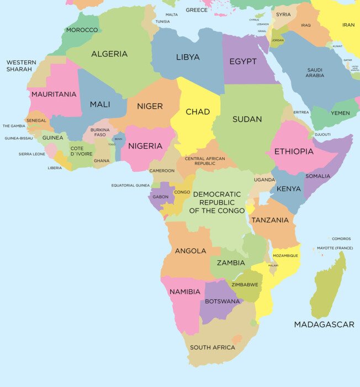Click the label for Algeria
pyautogui.click(x=109, y=54)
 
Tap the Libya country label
pyautogui.click(x=188, y=57)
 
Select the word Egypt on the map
pyautogui.click(x=243, y=61)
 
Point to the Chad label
pyautogui.click(x=198, y=112)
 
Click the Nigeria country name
pyautogui.click(x=145, y=146)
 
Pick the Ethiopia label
pyautogui.click(x=293, y=151)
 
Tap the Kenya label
pyautogui.click(x=289, y=189)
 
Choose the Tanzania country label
pyautogui.click(x=270, y=220)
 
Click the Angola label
pyautogui.click(x=190, y=250)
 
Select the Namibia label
pyautogui.click(x=185, y=291)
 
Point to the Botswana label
pyautogui.click(x=223, y=301)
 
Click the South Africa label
pyautogui.click(x=213, y=347)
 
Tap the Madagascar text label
pyautogui.click(x=324, y=325)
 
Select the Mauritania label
pyautogui.click(x=54, y=94)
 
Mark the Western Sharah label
pyautogui.click(x=21, y=66)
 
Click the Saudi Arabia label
pyautogui.click(x=315, y=72)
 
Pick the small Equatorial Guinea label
pyautogui.click(x=130, y=185)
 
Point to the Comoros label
pyautogui.click(x=341, y=239)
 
